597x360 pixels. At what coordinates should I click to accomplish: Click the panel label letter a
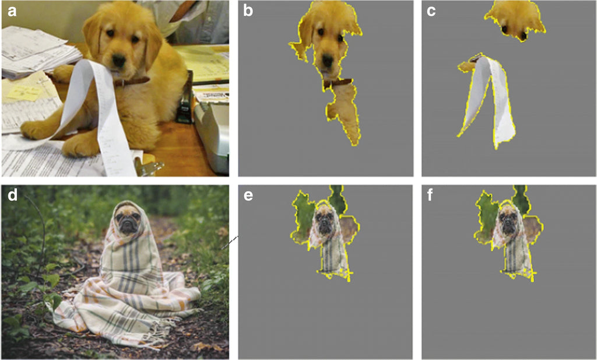pos(12,11)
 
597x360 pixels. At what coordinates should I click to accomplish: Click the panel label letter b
pos(248,11)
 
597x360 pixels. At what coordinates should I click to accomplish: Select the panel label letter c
pos(431,11)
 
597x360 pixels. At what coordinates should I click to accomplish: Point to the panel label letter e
pos(248,196)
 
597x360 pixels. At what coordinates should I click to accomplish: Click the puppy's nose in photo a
pos(119,60)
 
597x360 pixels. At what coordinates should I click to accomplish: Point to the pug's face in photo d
pos(127,221)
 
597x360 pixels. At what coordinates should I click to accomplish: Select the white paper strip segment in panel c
pos(488,101)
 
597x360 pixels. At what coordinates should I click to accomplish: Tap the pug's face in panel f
pos(508,222)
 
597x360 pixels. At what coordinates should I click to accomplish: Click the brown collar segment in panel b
pos(338,83)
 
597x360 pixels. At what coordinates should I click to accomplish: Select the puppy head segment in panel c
pos(515,20)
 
